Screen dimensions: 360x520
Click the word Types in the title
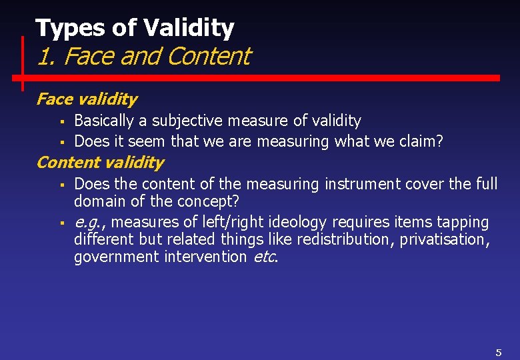pyautogui.click(x=61, y=28)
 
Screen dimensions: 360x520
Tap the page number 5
pyautogui.click(x=498, y=352)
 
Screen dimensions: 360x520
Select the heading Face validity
pyautogui.click(x=86, y=99)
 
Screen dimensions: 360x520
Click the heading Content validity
pyautogui.click(x=99, y=162)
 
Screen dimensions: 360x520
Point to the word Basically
pyautogui.click(x=104, y=121)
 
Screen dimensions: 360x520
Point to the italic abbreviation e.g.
pyautogui.click(x=87, y=222)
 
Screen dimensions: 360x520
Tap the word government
pyautogui.click(x=116, y=257)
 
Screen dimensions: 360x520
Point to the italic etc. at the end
pyautogui.click(x=265, y=257)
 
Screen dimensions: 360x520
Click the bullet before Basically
pyautogui.click(x=61, y=121)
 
